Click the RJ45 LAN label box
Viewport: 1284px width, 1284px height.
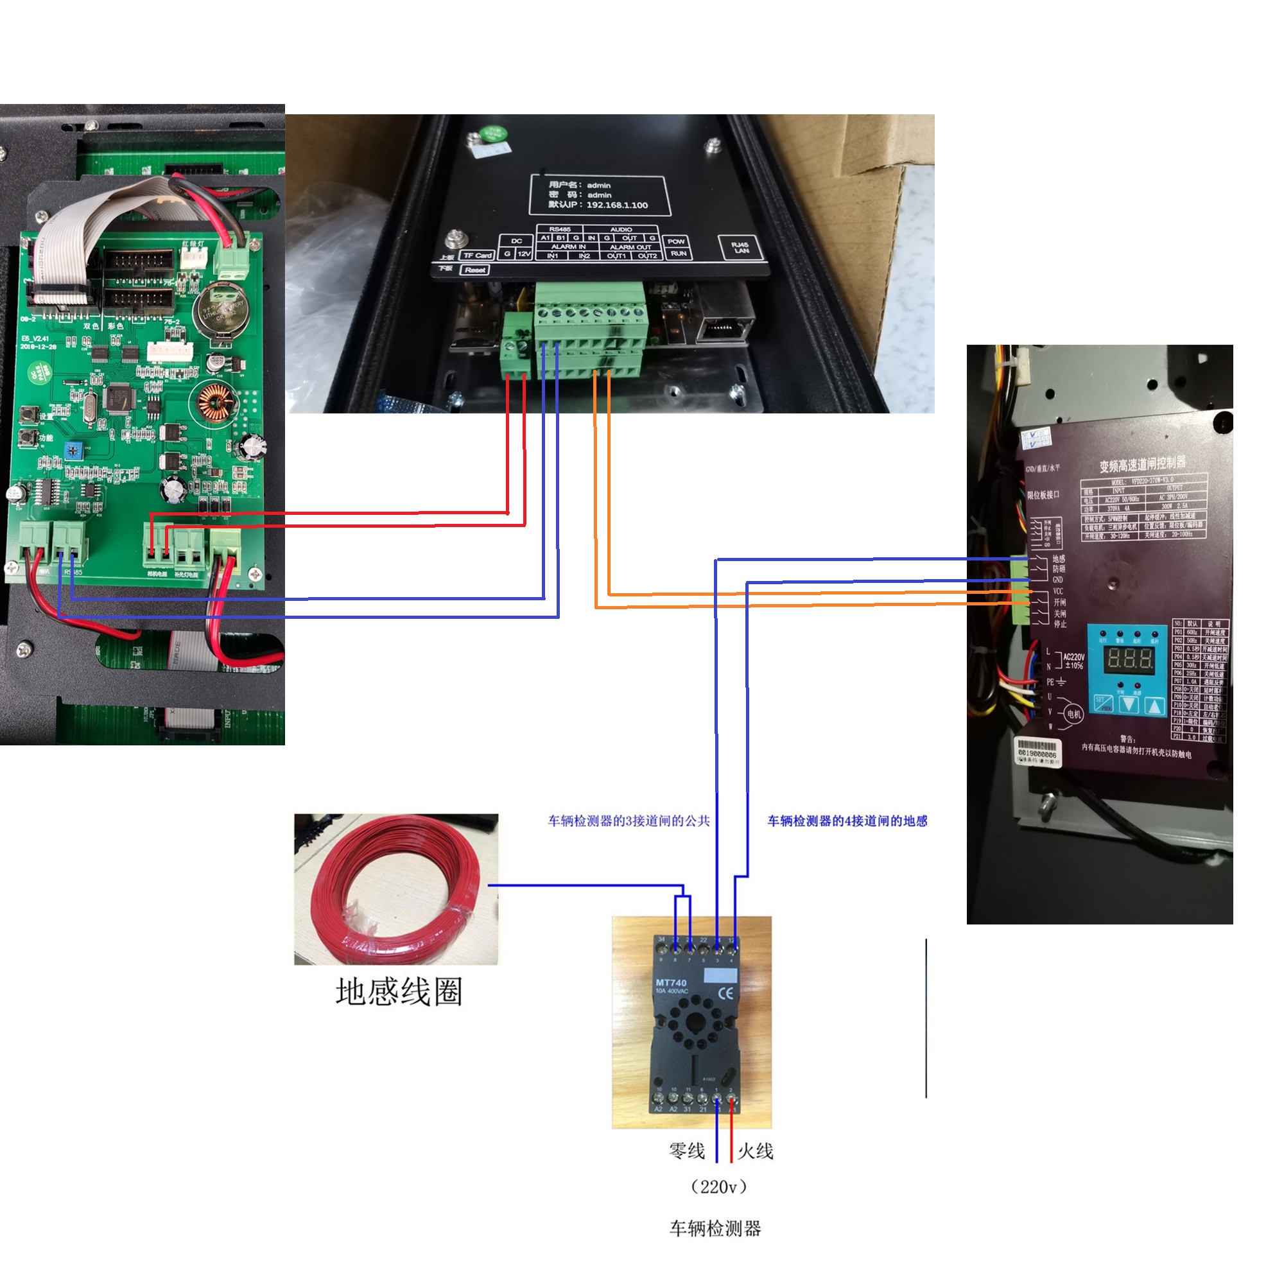click(x=740, y=248)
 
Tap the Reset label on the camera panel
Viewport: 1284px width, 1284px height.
click(x=474, y=270)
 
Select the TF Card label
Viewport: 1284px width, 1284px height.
click(x=477, y=256)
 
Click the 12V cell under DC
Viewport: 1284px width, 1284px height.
click(x=524, y=254)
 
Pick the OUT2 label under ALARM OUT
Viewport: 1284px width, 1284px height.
click(x=646, y=256)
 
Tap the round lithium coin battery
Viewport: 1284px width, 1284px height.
click(x=221, y=310)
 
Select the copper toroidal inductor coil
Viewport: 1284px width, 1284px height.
click(x=214, y=403)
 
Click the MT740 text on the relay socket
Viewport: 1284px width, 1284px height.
click(x=672, y=983)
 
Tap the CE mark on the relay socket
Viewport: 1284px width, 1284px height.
click(x=725, y=993)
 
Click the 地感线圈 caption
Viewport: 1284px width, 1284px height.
click(x=399, y=993)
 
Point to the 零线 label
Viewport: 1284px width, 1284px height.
click(x=686, y=1150)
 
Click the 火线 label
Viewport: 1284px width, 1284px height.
click(x=756, y=1150)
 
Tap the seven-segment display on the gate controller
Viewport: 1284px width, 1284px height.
click(x=1128, y=659)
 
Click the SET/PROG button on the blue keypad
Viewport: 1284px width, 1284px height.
click(x=1103, y=704)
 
